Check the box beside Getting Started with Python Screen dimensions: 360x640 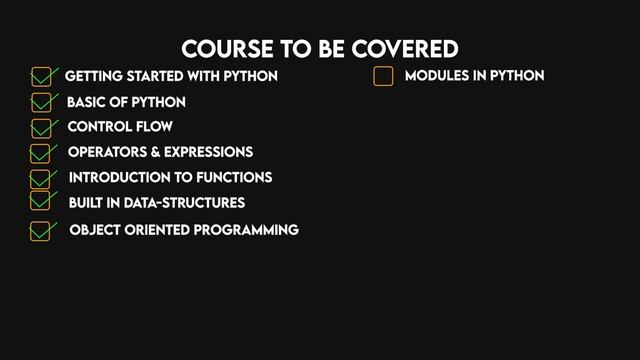coord(42,77)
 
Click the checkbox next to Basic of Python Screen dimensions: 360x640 coord(42,102)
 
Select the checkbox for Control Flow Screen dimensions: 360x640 coord(42,128)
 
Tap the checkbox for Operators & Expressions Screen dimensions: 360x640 coord(41,153)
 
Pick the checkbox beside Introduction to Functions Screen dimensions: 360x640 coord(41,178)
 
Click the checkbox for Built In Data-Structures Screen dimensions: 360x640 coord(41,200)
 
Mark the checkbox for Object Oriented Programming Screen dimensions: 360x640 coord(41,231)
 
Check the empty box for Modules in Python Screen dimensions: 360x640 coord(383,76)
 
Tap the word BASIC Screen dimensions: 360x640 coord(88,102)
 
